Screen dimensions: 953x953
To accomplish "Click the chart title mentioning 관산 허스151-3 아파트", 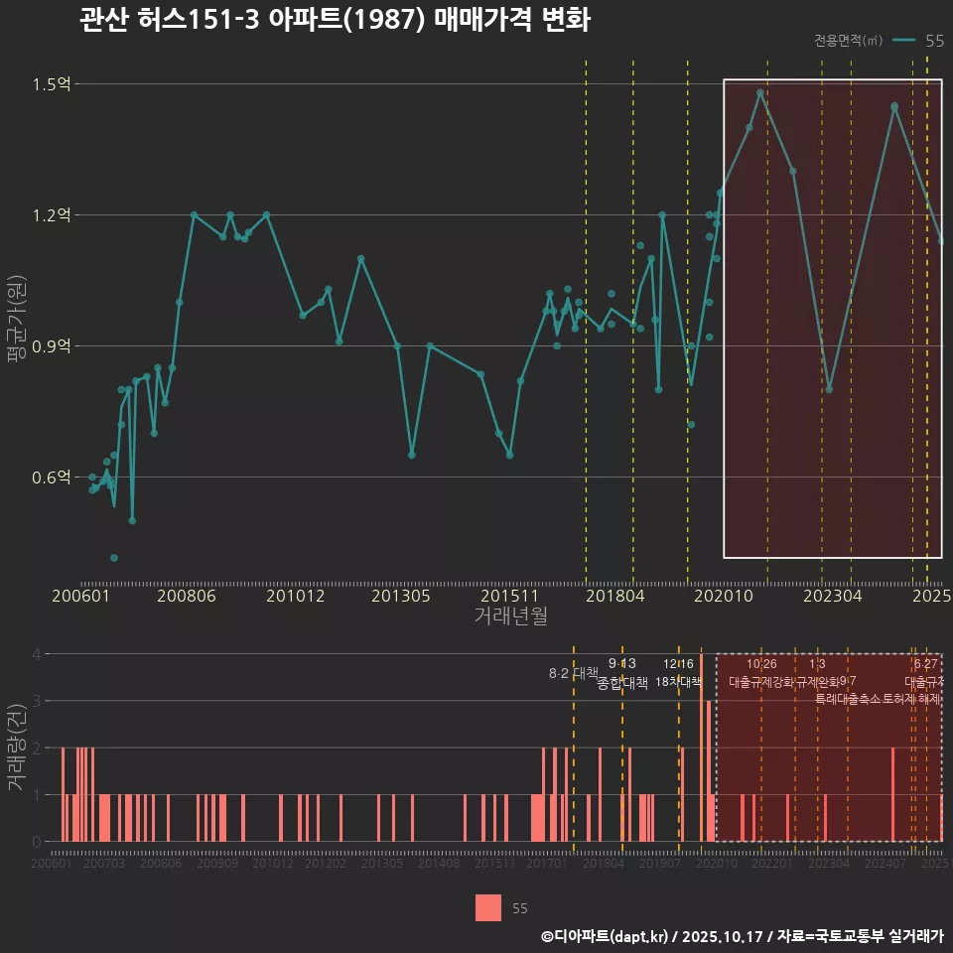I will [x=335, y=21].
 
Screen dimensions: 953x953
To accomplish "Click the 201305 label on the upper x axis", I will [x=401, y=597].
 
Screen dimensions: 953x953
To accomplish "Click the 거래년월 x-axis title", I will [x=510, y=616].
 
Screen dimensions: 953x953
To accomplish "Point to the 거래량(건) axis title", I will [x=17, y=748].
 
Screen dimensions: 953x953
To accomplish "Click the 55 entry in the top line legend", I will [x=934, y=41].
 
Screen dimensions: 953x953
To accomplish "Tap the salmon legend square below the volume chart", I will [x=488, y=907].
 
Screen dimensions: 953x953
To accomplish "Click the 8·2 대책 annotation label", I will [x=567, y=673].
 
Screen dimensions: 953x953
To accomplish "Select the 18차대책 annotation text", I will [x=679, y=682].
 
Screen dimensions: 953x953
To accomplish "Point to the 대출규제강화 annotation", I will [x=761, y=682].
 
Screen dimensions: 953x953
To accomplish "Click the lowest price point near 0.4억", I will [x=114, y=558].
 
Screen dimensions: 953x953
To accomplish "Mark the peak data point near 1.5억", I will [x=760, y=93].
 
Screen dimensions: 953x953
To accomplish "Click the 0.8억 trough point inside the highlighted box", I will [x=829, y=389].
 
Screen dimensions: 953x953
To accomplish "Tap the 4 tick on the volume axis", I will [x=37, y=654].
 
